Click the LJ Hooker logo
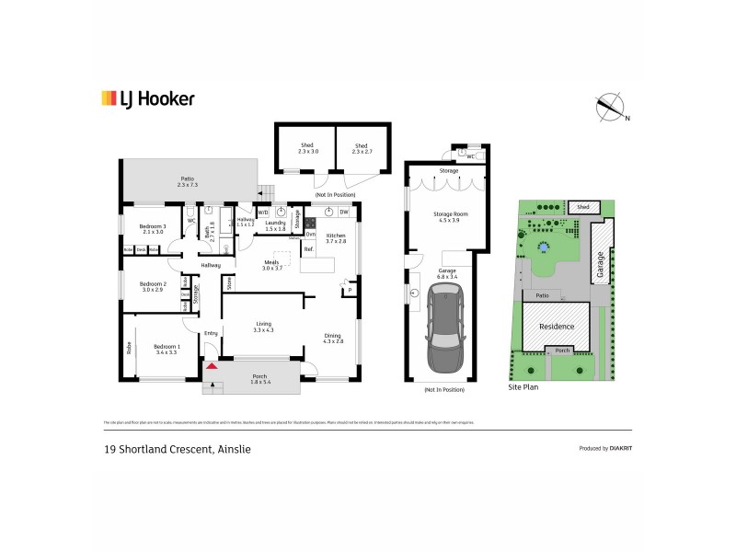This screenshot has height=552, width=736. (147, 98)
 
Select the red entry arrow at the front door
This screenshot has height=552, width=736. (212, 367)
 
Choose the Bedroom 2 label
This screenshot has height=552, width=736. (152, 284)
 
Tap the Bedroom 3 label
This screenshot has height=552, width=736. (152, 226)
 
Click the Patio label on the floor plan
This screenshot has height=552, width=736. (188, 180)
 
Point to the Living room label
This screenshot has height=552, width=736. (264, 324)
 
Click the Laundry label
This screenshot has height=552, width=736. (275, 222)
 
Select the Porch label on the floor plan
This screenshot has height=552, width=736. (262, 376)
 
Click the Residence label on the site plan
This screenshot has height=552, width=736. (557, 327)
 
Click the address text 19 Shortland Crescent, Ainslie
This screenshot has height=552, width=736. (176, 449)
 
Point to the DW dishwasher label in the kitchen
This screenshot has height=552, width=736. (342, 213)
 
